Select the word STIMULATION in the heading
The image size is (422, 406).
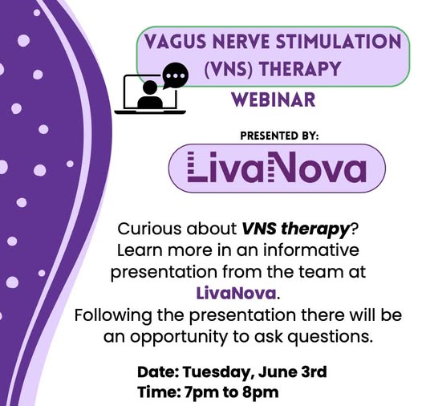pos(338,42)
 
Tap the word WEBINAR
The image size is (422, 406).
pos(274,99)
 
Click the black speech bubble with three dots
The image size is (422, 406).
pos(175,75)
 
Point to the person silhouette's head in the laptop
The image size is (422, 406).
pos(150,87)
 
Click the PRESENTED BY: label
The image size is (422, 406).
pos(279,136)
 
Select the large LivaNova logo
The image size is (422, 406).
pos(277,168)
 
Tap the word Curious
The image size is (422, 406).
pos(150,229)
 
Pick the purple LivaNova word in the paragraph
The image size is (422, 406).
pos(237,293)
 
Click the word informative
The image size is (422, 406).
pos(310,250)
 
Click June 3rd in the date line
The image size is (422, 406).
pos(293,371)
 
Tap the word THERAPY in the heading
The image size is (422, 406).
pos(300,69)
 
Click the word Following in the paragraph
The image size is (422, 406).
pos(113,315)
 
